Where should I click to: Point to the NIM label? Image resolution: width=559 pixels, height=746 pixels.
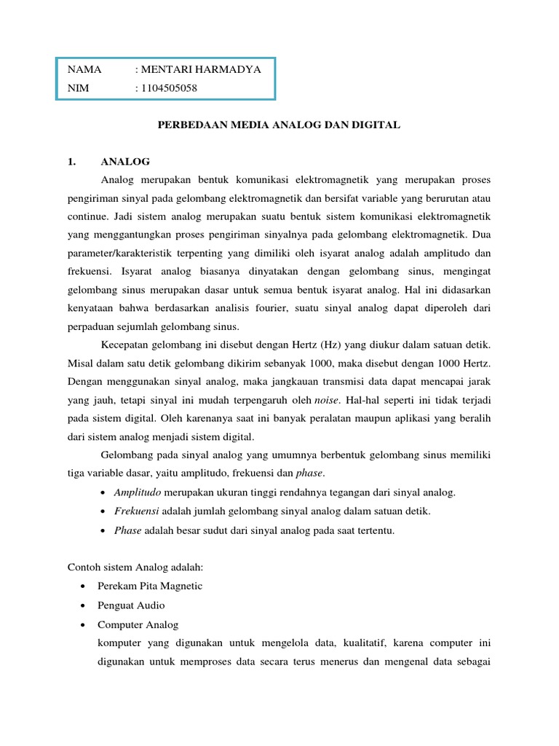pos(78,89)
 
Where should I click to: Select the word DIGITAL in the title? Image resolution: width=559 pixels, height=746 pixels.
pos(377,125)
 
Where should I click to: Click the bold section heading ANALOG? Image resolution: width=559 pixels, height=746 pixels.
pos(125,161)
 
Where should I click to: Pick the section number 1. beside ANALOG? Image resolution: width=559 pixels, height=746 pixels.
pos(71,161)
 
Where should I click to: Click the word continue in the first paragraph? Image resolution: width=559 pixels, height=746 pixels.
pos(87,216)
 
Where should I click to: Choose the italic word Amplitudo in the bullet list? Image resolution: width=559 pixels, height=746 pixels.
pos(138,492)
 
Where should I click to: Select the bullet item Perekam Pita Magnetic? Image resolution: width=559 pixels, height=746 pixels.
pos(150,586)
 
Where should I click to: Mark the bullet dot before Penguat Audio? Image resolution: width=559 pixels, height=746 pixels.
pos(86,605)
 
